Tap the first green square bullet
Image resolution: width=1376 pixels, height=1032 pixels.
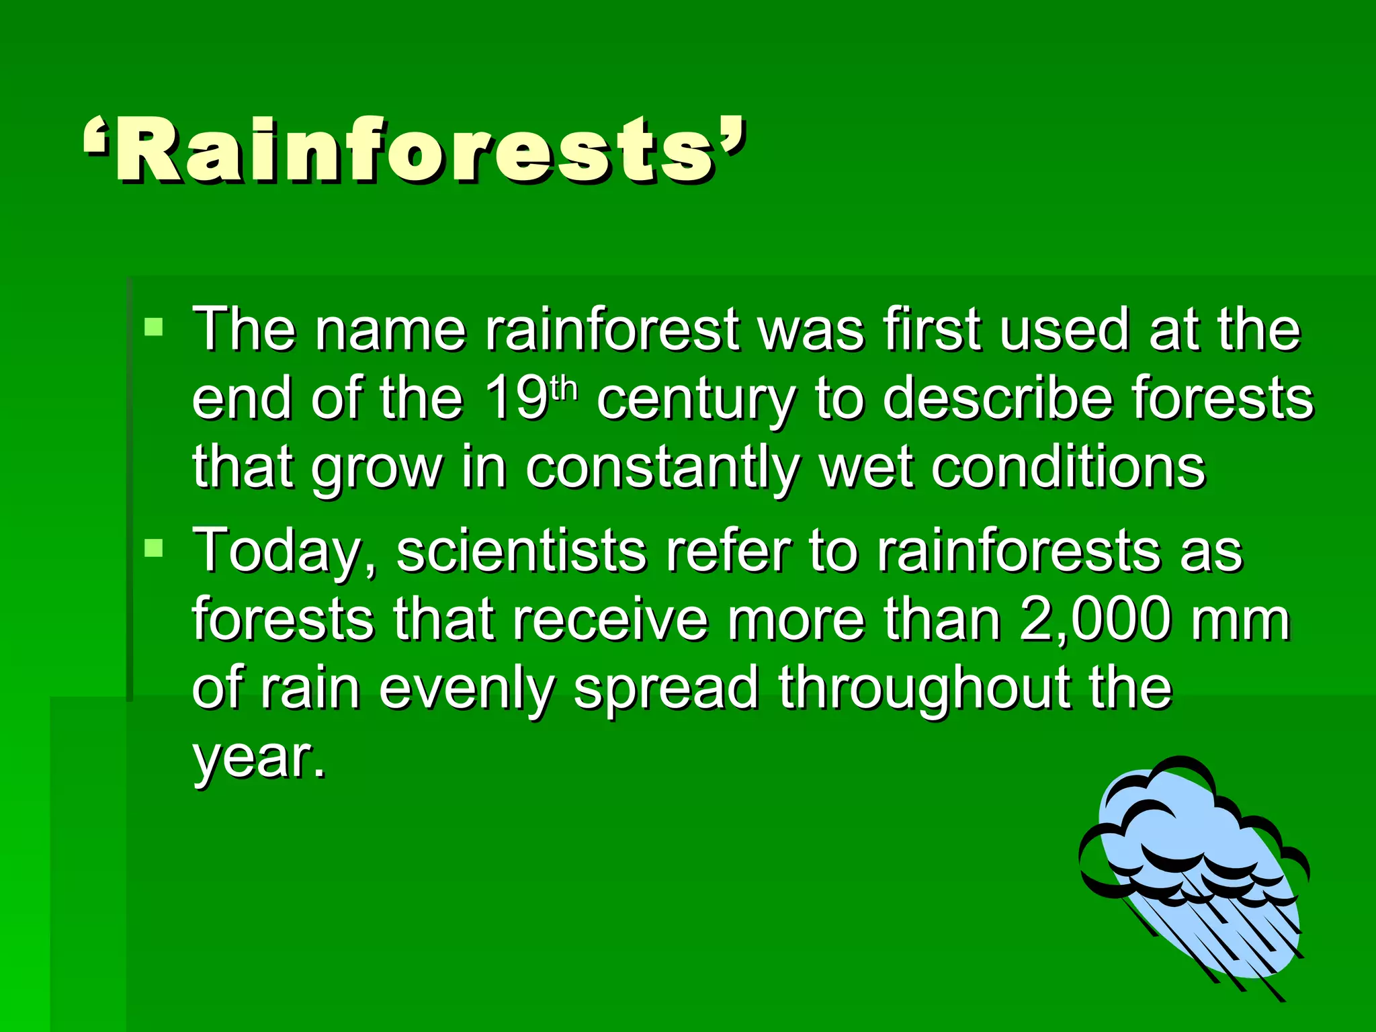154,328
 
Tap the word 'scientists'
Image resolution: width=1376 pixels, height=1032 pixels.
521,551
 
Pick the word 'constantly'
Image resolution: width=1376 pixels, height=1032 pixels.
662,469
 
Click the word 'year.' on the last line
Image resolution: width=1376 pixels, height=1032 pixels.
259,759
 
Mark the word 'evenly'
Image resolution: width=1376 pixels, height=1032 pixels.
468,691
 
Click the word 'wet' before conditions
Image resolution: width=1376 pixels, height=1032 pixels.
867,469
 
